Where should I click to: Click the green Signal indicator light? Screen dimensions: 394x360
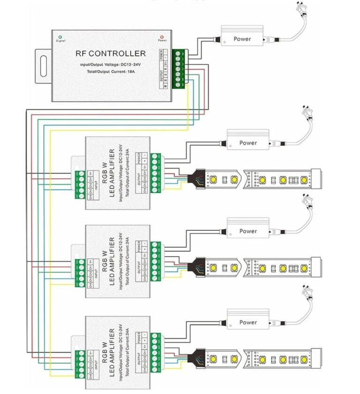point(60,37)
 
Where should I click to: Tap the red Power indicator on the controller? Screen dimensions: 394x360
point(162,36)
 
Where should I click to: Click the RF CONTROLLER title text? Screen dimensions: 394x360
point(111,53)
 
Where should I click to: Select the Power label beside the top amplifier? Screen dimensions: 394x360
point(248,143)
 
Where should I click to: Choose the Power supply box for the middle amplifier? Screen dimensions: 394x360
point(248,231)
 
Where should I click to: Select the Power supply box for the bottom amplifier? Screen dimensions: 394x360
point(248,322)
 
